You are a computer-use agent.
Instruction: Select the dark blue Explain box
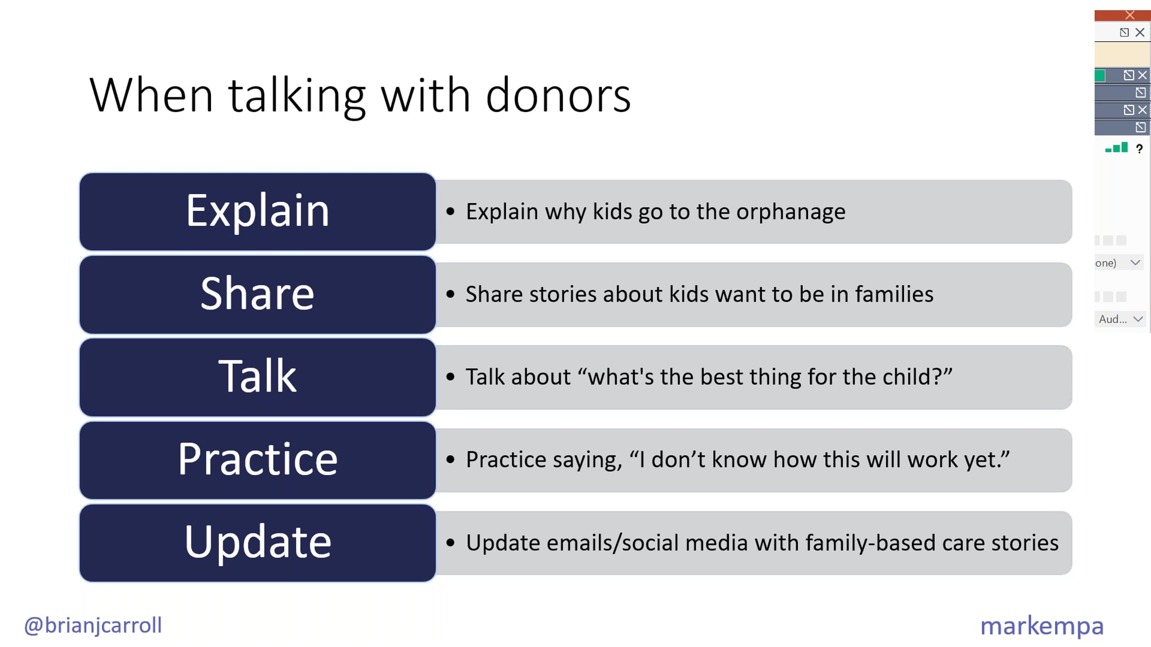(258, 211)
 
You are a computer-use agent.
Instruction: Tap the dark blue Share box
(258, 294)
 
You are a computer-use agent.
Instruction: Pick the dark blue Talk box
(258, 377)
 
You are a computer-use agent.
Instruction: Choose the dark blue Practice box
(258, 460)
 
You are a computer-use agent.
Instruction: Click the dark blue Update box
(258, 543)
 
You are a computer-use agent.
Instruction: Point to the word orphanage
(791, 212)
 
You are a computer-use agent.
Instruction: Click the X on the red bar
(1130, 15)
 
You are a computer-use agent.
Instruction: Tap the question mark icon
(1139, 149)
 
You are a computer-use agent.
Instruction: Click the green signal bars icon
(1116, 148)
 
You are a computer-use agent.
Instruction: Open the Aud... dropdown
(1120, 319)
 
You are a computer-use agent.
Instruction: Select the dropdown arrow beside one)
(1135, 263)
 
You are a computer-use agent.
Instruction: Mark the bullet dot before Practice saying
(450, 460)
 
